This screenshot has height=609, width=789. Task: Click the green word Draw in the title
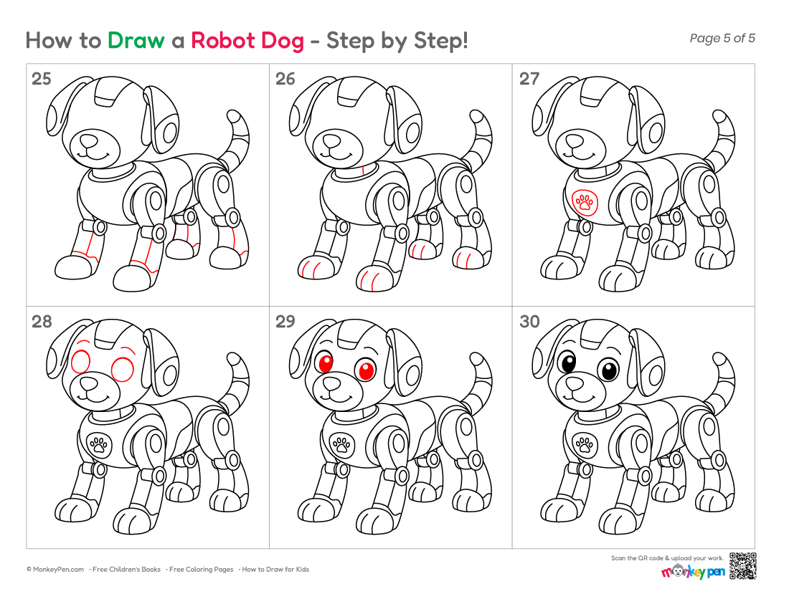tap(136, 41)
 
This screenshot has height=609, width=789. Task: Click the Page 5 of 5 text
tap(722, 38)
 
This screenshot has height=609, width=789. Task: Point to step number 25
tap(42, 79)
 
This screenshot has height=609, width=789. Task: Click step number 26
tap(285, 79)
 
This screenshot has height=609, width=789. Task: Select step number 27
tap(529, 79)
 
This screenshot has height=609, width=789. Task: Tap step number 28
tap(42, 322)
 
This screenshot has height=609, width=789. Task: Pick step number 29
tap(285, 322)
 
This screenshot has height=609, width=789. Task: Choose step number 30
tap(529, 322)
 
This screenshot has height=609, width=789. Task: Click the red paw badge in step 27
tap(585, 203)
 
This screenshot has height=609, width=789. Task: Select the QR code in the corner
tap(742, 566)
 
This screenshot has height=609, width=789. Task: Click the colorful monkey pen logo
tap(693, 571)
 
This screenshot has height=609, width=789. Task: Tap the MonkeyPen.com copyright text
tap(55, 570)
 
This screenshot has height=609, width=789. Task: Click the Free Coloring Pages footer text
tap(201, 570)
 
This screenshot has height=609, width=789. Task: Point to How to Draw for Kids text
tap(275, 570)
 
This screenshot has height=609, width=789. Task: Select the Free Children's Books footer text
tap(126, 570)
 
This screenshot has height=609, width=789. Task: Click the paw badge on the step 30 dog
tap(585, 445)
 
